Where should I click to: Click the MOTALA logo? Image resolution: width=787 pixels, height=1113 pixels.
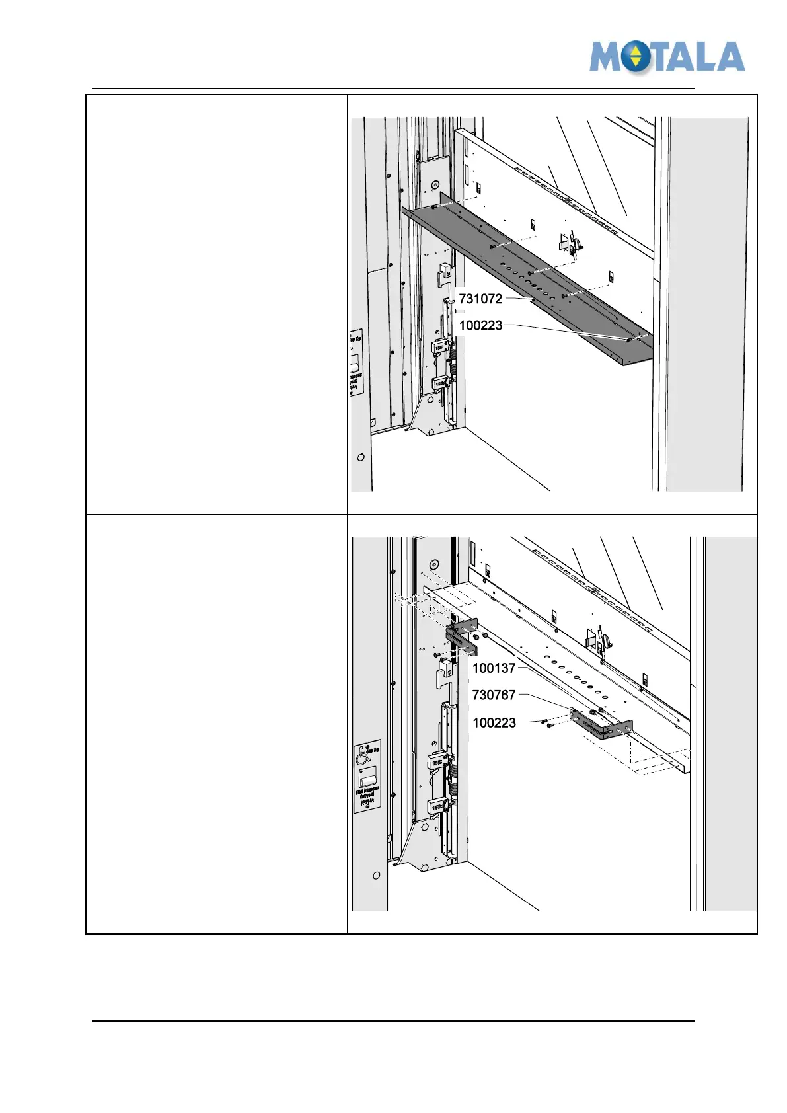(x=667, y=57)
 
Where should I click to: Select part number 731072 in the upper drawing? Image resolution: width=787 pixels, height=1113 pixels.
(x=480, y=299)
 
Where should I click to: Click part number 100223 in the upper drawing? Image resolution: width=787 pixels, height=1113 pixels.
(x=480, y=325)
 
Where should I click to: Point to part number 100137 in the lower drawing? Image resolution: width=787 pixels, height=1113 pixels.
(x=494, y=668)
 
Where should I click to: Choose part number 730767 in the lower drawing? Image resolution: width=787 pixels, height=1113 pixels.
(x=494, y=695)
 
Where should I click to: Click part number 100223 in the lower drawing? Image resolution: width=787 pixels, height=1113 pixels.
(x=494, y=722)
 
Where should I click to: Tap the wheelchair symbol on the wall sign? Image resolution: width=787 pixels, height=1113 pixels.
(x=363, y=755)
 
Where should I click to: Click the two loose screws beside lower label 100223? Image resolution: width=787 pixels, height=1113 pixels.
(x=546, y=724)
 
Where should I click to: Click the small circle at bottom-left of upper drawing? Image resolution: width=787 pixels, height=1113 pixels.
(x=361, y=457)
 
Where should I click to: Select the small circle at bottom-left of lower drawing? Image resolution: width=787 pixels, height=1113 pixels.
(x=376, y=876)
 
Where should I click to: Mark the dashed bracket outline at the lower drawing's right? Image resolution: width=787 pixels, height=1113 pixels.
(x=661, y=760)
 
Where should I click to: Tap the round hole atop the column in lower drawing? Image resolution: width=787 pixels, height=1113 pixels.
(x=434, y=565)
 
